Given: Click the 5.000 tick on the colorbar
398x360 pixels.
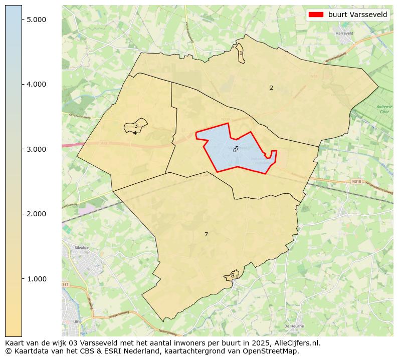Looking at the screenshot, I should click(x=36, y=19).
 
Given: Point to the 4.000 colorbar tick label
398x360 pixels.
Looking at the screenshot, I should click(x=36, y=84).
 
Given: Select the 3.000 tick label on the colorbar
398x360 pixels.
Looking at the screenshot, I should click(x=36, y=149).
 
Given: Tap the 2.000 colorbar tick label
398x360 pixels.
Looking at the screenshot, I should click(x=36, y=214).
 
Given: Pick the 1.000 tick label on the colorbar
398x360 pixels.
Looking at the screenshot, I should click(x=36, y=279).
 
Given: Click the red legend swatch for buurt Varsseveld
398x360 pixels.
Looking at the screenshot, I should click(x=316, y=15).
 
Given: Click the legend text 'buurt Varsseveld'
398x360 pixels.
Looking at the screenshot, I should click(x=357, y=15).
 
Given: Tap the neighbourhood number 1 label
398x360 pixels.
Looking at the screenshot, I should click(x=241, y=53).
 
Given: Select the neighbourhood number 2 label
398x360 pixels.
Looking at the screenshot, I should click(x=271, y=88).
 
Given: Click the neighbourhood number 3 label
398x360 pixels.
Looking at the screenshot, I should click(x=136, y=126).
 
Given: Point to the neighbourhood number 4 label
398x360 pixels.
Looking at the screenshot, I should click(x=135, y=133).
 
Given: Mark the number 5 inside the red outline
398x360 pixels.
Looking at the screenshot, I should click(x=237, y=148).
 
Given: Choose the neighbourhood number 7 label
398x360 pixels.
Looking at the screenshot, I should click(x=206, y=234).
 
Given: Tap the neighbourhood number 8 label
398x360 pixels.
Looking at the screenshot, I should click(x=233, y=275).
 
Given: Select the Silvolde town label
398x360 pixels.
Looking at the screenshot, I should click(x=81, y=247).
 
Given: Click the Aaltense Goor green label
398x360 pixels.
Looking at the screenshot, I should click(x=385, y=110).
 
